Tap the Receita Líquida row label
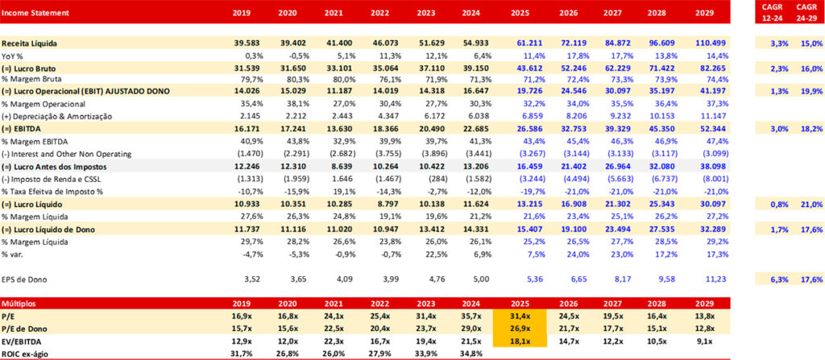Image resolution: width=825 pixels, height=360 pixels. point(30,42)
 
